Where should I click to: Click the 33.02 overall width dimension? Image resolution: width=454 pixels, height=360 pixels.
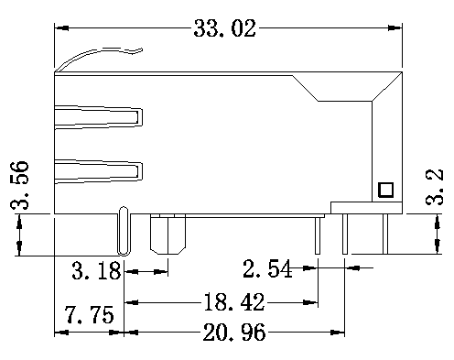224,28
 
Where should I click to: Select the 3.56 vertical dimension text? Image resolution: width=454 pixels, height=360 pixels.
19,185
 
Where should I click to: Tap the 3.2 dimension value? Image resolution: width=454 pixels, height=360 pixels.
434,187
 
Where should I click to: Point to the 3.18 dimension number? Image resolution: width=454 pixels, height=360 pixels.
96,270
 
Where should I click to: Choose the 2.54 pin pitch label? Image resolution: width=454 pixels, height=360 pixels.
267,268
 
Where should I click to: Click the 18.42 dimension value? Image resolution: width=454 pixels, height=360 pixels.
233,302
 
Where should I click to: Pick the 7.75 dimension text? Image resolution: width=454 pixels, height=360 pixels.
89,315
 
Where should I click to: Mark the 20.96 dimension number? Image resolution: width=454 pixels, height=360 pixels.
234,333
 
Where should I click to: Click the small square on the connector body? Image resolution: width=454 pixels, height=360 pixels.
385,190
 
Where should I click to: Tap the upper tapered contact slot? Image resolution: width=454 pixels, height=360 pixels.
98,117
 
